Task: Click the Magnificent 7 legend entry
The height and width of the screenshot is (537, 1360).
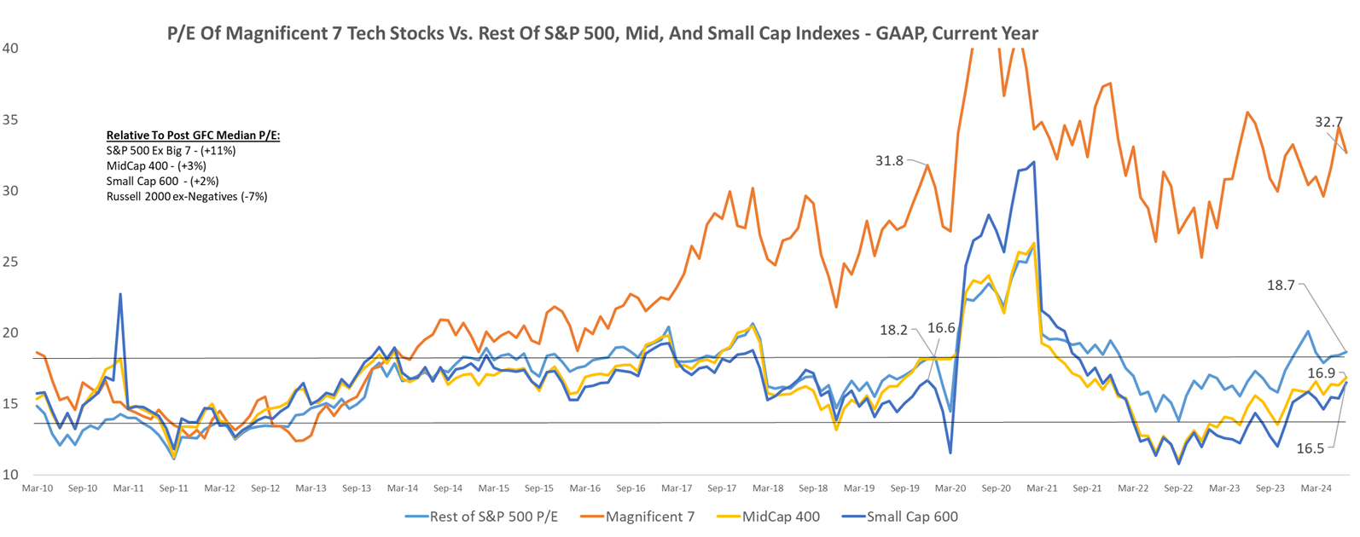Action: (649, 517)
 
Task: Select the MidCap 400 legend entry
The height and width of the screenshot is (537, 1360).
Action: (781, 517)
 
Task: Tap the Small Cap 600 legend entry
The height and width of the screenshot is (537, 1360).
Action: (911, 517)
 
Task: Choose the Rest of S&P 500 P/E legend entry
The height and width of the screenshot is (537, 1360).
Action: (493, 517)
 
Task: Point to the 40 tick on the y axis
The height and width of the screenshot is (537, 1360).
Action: (10, 49)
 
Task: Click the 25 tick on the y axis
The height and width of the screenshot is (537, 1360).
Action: (10, 262)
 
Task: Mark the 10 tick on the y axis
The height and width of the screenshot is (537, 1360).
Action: (10, 475)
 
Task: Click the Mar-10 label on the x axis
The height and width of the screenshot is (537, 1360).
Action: (37, 488)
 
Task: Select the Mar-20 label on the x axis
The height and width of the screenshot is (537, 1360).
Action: (950, 488)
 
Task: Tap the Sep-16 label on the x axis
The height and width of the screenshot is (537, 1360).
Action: (631, 488)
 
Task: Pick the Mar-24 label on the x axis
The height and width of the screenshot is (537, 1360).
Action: (1316, 488)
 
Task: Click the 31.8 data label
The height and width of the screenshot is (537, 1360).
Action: (888, 160)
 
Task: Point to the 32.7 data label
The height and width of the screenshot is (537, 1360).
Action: (1328, 122)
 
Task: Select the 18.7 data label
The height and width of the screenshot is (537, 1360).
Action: (1281, 286)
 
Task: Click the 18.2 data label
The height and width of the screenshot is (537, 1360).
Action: (894, 330)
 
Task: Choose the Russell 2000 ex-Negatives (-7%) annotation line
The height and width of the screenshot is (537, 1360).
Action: (187, 196)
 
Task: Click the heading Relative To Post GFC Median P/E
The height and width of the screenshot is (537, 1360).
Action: (193, 136)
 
